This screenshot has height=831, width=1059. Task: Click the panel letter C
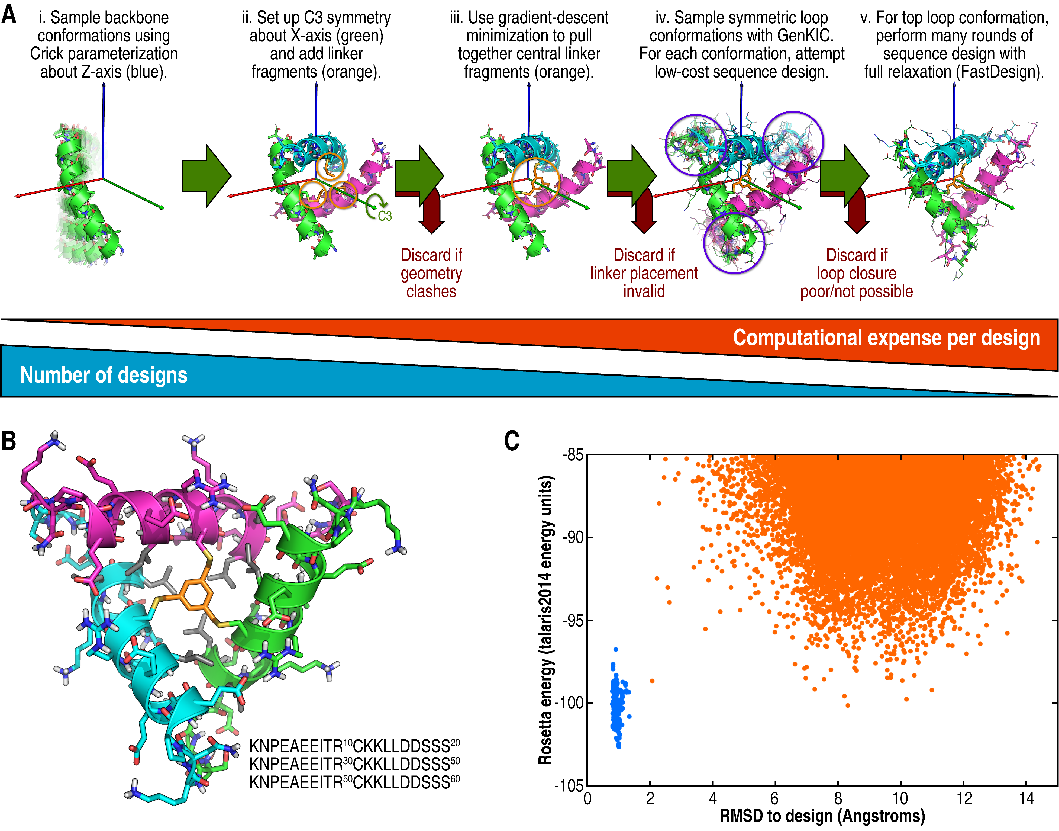click(512, 441)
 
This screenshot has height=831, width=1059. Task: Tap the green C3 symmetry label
click(385, 216)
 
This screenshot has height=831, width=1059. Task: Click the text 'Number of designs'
click(104, 375)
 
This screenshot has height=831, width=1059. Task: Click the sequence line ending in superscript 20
click(354, 746)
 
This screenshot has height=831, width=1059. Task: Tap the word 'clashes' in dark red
click(431, 291)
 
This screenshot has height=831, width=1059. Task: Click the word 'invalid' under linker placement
click(644, 291)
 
